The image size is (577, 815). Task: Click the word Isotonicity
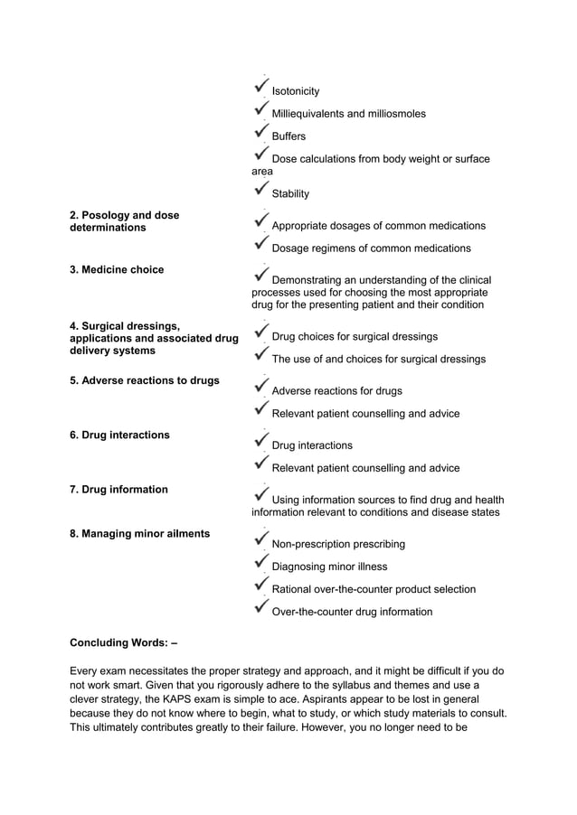pos(296,92)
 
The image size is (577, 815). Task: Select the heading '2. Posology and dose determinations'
pos(124,221)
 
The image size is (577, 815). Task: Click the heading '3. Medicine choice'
pos(117,270)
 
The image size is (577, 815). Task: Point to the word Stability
pos(290,194)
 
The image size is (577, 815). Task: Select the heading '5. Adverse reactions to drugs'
pos(144,380)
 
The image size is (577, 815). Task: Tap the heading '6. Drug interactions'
pos(119,436)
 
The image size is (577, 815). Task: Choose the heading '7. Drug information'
pos(118,490)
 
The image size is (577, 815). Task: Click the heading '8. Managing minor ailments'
pos(139,534)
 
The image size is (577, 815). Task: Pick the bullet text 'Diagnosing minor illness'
pos(329,567)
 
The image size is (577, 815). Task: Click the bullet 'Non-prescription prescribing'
pos(338,545)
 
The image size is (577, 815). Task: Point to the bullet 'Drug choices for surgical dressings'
pos(355,337)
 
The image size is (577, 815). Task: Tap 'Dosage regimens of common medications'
pos(371,248)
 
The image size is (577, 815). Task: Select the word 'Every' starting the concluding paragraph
pos(85,671)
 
